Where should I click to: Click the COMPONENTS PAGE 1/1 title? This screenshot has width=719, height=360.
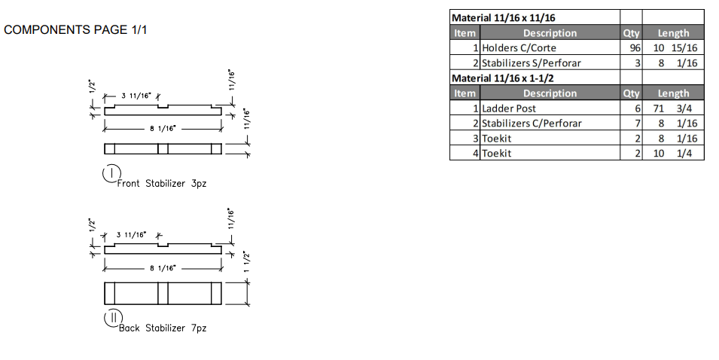tap(75, 30)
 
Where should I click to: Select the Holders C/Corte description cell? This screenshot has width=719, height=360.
tap(519, 48)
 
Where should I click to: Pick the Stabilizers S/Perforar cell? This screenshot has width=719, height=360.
tap(532, 63)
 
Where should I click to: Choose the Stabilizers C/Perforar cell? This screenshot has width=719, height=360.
tap(532, 124)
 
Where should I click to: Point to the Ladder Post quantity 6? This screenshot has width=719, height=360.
tap(636, 108)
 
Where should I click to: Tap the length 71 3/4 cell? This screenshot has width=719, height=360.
tap(674, 108)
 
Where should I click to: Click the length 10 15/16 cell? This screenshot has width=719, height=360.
tap(674, 48)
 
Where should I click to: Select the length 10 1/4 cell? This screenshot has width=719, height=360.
tap(674, 154)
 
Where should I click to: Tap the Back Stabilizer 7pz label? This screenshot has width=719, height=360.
tap(162, 328)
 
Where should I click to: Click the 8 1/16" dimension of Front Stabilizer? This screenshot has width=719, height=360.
tap(163, 129)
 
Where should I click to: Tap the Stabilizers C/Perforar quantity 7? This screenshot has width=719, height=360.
tap(636, 124)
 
